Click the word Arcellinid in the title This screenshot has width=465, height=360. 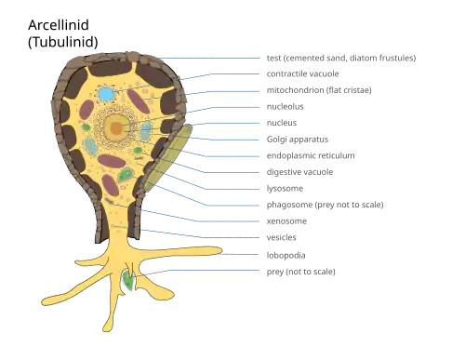click(x=59, y=25)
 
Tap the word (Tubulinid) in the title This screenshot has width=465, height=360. click(x=63, y=42)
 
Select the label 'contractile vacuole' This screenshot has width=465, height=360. click(x=302, y=73)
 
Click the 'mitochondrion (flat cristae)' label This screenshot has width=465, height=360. click(x=319, y=90)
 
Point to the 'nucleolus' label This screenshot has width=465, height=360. click(x=285, y=107)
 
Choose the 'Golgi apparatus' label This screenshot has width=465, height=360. click(x=298, y=140)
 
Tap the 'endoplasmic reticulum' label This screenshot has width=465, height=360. click(x=311, y=155)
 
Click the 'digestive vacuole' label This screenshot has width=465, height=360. click(x=299, y=172)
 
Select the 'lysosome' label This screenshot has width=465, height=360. click(x=285, y=189)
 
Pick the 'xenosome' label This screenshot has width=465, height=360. click(x=286, y=221)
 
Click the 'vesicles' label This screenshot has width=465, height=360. click(x=281, y=237)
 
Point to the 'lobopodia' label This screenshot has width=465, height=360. click(x=286, y=255)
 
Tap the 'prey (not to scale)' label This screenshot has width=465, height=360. click(x=300, y=272)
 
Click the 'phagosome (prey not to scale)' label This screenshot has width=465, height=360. click(x=325, y=205)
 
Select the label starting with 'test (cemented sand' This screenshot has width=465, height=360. click(x=341, y=58)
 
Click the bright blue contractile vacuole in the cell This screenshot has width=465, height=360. click(x=106, y=94)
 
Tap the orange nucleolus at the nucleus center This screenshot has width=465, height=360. click(x=116, y=127)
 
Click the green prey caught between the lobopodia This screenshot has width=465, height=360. click(x=128, y=280)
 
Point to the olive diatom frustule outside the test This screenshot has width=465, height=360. click(x=167, y=157)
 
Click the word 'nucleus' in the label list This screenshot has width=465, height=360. click(x=282, y=123)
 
